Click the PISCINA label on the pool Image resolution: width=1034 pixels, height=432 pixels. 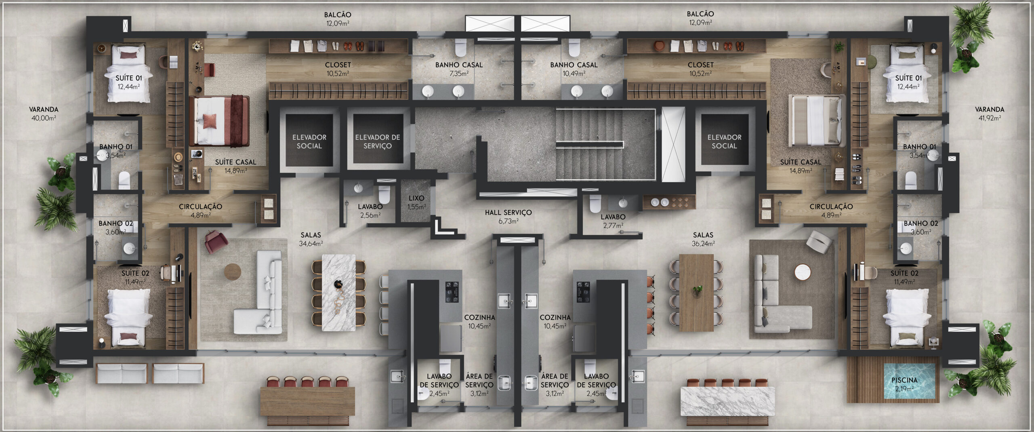[x=904, y=380]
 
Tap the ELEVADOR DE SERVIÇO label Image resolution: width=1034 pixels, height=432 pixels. [x=378, y=141]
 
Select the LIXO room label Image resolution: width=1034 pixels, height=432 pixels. [x=416, y=198]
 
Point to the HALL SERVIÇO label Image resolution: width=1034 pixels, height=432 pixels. [x=508, y=212]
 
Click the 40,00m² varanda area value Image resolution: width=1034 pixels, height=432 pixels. [x=44, y=118]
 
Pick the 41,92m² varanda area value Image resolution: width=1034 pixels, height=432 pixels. [x=990, y=118]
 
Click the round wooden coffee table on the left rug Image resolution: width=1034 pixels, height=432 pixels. [x=232, y=271]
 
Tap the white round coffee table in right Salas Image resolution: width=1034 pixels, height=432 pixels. [x=803, y=272]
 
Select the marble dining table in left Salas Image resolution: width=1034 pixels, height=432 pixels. [x=339, y=293]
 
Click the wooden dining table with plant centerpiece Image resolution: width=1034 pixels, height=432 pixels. [x=697, y=293]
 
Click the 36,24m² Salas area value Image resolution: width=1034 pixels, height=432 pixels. [x=703, y=244]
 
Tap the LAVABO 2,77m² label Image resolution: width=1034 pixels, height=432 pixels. [x=613, y=221]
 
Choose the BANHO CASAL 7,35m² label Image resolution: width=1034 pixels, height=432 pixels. [x=459, y=69]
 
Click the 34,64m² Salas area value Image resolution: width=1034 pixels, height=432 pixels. [x=311, y=244]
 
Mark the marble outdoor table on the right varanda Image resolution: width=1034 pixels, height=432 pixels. [x=727, y=401]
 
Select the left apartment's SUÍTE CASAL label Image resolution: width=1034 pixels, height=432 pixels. [x=235, y=162]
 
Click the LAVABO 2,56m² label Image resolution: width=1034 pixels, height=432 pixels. [x=370, y=211]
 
